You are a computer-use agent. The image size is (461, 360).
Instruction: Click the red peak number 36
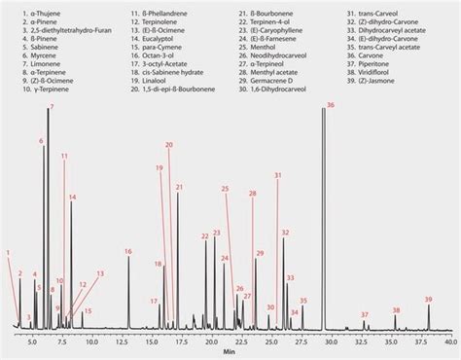tap(331, 104)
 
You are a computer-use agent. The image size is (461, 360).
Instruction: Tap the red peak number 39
tap(428, 299)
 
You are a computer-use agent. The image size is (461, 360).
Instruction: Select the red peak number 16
tap(128, 252)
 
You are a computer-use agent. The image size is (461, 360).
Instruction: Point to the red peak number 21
tap(179, 186)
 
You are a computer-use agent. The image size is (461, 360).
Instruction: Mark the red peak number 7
tap(52, 105)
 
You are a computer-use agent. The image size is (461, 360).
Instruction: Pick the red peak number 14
tap(72, 197)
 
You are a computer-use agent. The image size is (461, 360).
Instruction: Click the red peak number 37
tap(365, 314)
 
